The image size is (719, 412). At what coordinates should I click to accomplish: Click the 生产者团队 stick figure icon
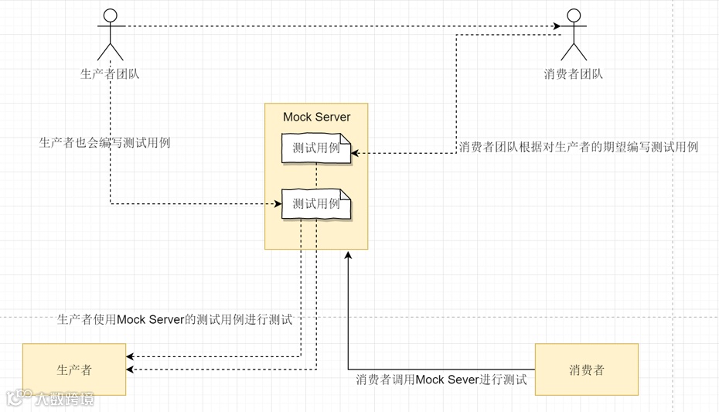pos(110,35)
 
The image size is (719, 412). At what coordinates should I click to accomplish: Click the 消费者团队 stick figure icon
pos(573,35)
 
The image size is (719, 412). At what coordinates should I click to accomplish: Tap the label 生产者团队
pos(110,74)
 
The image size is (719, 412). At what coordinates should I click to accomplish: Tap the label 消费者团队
pos(573,74)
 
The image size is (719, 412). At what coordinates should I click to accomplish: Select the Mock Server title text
pos(316,117)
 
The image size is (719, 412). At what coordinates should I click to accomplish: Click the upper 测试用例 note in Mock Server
pos(316,148)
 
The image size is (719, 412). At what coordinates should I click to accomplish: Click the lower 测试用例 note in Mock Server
pos(316,204)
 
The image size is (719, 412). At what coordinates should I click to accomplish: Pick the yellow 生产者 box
pos(74,369)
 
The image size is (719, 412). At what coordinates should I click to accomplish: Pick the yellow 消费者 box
pos(586,369)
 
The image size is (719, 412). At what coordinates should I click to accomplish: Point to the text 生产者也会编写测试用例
pos(104,142)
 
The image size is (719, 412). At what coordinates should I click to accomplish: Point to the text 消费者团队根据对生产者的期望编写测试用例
pos(578,147)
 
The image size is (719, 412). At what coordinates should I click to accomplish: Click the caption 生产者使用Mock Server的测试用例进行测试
pos(175,319)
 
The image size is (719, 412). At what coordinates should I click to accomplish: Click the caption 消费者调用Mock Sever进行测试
pos(441,380)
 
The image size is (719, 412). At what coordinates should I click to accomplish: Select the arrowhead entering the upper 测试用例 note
pos(356,153)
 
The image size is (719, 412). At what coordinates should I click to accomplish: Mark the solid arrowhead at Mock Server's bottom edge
pos(348,254)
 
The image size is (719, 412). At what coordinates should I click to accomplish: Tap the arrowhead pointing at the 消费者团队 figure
pos(557,27)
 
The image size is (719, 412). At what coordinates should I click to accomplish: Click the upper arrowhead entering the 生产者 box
pos(131,356)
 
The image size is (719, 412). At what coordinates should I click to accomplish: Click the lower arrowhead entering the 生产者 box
pos(131,369)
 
